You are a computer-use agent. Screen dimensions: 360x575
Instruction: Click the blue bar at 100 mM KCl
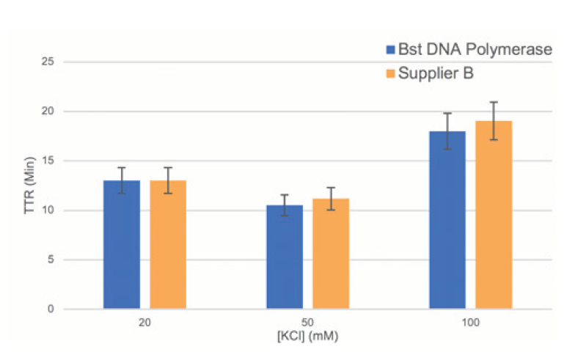click(447, 220)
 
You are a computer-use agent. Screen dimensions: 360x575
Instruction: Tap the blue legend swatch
click(390, 50)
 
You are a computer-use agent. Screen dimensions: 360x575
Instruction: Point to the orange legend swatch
click(390, 73)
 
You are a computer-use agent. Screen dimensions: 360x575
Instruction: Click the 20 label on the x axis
click(144, 323)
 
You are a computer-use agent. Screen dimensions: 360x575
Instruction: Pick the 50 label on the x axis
click(307, 323)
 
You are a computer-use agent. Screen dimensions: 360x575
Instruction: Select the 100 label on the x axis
click(470, 323)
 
